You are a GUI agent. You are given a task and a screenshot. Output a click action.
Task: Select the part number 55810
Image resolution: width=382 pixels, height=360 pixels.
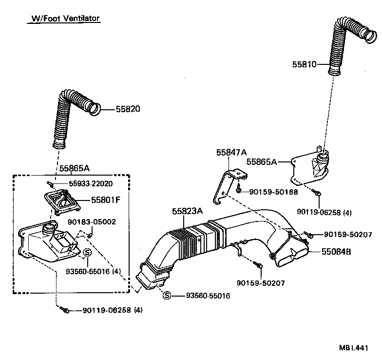[x=305, y=64]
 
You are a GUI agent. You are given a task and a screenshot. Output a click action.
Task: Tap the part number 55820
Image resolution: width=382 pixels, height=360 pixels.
[x=128, y=109]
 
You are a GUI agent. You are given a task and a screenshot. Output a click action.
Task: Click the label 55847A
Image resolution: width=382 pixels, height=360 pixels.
[x=231, y=152]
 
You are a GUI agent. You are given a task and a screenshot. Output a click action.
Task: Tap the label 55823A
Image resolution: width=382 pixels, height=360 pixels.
[x=187, y=211]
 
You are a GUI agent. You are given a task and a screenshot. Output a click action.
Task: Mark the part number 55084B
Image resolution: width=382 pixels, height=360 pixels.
[x=336, y=252]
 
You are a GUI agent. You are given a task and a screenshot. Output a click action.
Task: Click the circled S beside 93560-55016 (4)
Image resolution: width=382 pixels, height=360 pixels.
[x=87, y=252]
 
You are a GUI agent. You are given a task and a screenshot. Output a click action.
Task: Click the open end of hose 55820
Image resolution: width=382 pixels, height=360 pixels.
[x=96, y=108]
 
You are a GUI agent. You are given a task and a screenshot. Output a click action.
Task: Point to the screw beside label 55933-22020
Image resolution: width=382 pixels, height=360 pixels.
[x=50, y=183]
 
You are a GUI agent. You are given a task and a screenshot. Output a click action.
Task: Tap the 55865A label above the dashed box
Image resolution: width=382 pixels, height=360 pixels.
[x=74, y=168]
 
